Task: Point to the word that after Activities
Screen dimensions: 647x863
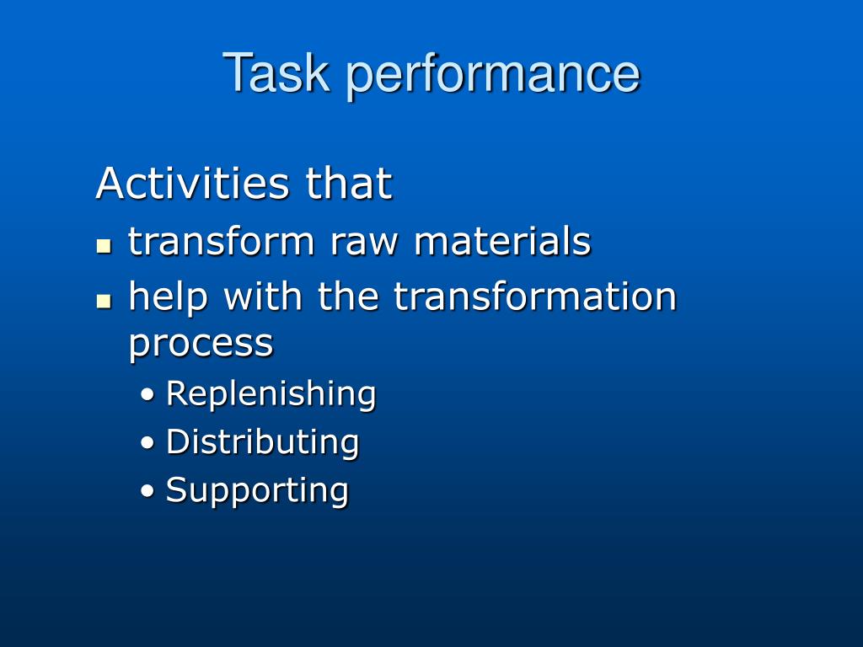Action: pyautogui.click(x=349, y=184)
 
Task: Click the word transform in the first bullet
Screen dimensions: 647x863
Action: pyautogui.click(x=221, y=242)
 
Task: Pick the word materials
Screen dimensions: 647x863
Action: pyautogui.click(x=502, y=242)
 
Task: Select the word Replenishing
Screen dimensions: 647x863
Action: pyautogui.click(x=271, y=394)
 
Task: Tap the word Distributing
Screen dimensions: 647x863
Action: pyautogui.click(x=262, y=442)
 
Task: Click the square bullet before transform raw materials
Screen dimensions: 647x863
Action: pyautogui.click(x=104, y=246)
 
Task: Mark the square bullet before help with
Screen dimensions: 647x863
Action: pyautogui.click(x=104, y=301)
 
